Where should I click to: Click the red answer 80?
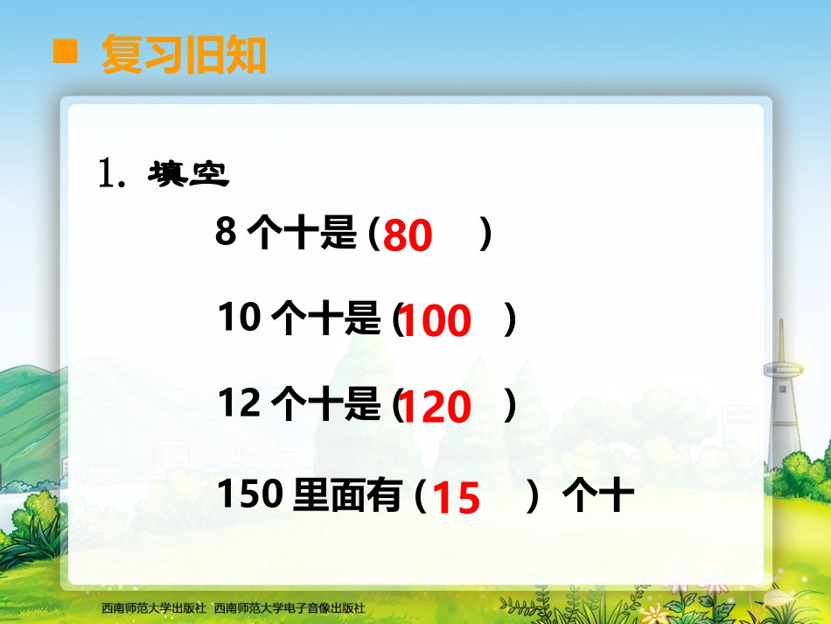(x=408, y=236)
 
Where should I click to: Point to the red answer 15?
(x=457, y=499)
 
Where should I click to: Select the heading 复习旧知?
(x=184, y=54)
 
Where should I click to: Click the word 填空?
(x=188, y=174)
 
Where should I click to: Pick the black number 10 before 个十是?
(x=240, y=319)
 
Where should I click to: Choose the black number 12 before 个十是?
(x=240, y=404)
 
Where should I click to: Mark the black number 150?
(x=250, y=495)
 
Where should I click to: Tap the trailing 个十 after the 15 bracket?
(x=598, y=497)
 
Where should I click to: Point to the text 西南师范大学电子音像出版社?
(x=289, y=607)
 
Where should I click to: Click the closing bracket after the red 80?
(x=486, y=235)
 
